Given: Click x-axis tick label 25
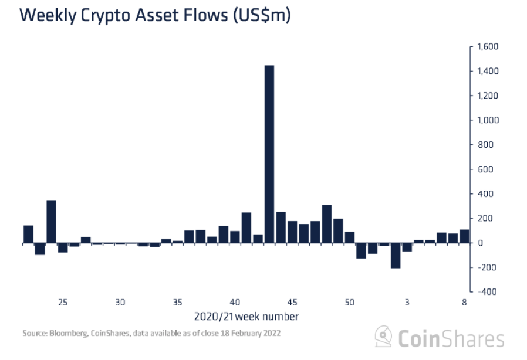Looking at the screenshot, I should [x=63, y=303].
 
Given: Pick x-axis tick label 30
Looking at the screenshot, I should [x=120, y=303].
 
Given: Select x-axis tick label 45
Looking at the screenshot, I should [x=292, y=303].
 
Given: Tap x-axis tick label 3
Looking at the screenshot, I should [x=407, y=303].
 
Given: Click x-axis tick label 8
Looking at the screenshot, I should [x=464, y=303].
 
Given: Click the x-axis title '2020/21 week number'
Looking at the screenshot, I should [x=246, y=317].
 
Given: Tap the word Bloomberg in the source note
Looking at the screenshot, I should [x=71, y=334].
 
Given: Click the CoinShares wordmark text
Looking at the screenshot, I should [x=451, y=338].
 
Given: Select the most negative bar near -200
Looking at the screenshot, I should [x=396, y=255].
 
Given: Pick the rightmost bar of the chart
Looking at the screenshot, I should [x=464, y=236].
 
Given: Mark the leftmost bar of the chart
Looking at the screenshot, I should [x=28, y=234].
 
